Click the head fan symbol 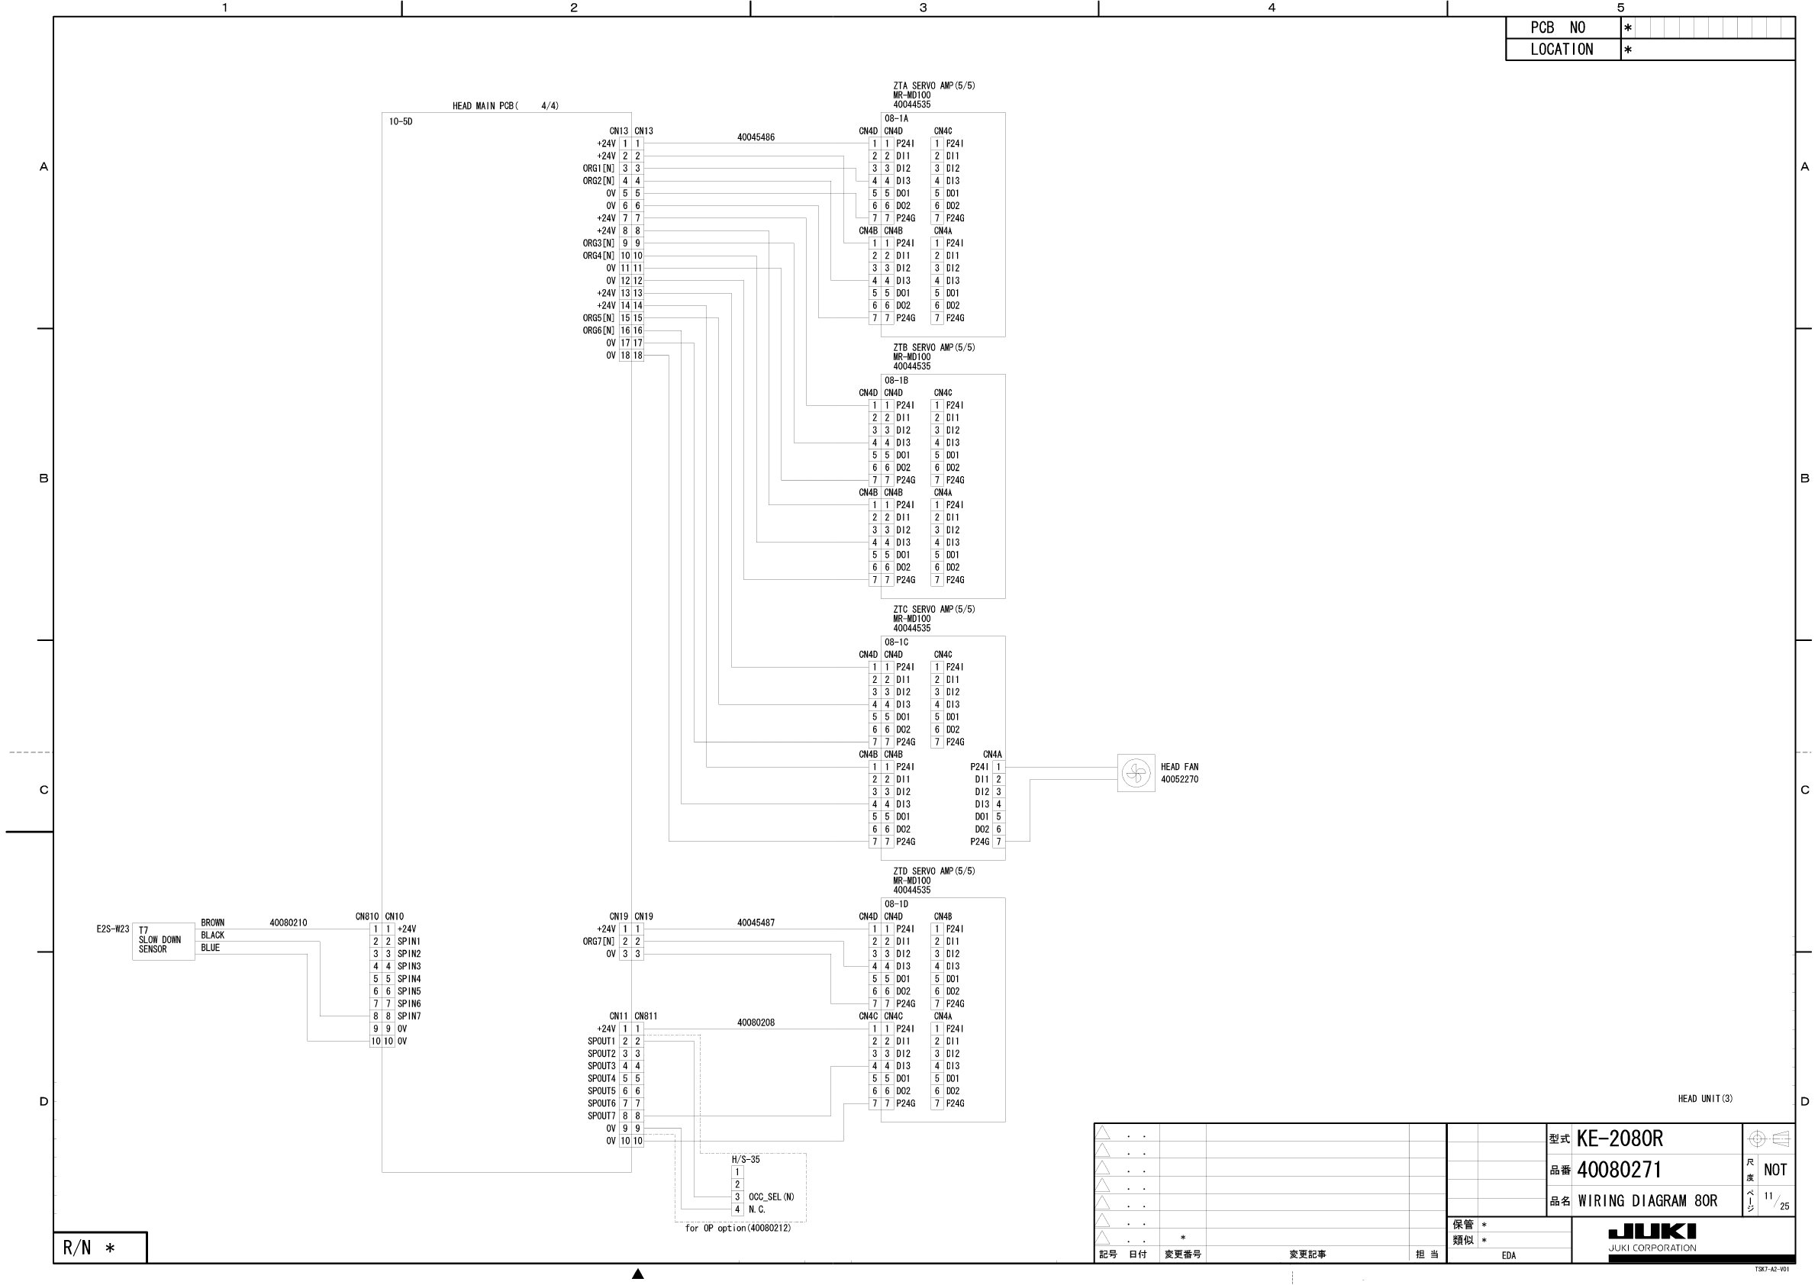coord(1136,773)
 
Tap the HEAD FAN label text coord(1179,766)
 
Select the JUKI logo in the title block coord(1652,1231)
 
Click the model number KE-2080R coord(1619,1138)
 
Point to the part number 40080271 coord(1619,1170)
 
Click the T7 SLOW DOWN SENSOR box coord(163,941)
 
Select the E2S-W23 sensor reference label coord(112,929)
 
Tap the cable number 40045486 coord(756,137)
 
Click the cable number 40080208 coord(756,1023)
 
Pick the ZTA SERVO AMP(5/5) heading coord(933,85)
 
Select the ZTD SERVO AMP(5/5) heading coord(933,871)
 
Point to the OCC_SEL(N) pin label coord(771,1197)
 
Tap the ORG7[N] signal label coord(598,942)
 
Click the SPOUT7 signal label coord(601,1116)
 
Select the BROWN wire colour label coord(212,923)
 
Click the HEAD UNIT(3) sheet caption coord(1705,1098)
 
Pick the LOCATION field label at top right coord(1562,49)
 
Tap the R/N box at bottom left coord(100,1248)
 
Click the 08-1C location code coord(896,642)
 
